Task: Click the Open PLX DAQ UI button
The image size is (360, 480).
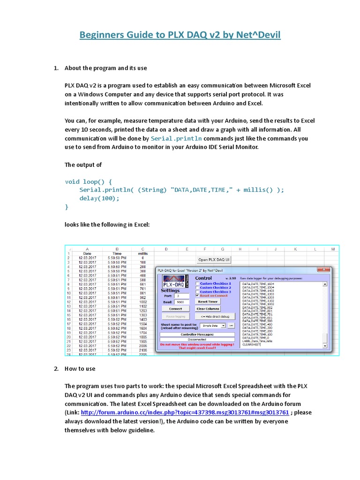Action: click(x=214, y=260)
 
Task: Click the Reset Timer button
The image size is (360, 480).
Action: click(x=208, y=302)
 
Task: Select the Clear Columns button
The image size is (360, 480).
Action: click(x=208, y=309)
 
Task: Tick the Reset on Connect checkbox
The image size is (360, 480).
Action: click(x=197, y=296)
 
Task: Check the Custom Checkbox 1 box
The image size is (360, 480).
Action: click(x=197, y=284)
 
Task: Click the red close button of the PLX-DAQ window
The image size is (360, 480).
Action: click(x=323, y=270)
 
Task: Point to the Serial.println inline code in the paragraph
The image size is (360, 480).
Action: click(x=177, y=139)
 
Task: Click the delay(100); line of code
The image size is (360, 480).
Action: click(x=99, y=198)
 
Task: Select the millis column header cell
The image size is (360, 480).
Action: click(x=142, y=253)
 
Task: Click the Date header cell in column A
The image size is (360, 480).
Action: click(x=87, y=253)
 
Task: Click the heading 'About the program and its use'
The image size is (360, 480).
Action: click(x=105, y=68)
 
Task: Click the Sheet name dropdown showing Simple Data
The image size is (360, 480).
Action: click(x=213, y=325)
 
